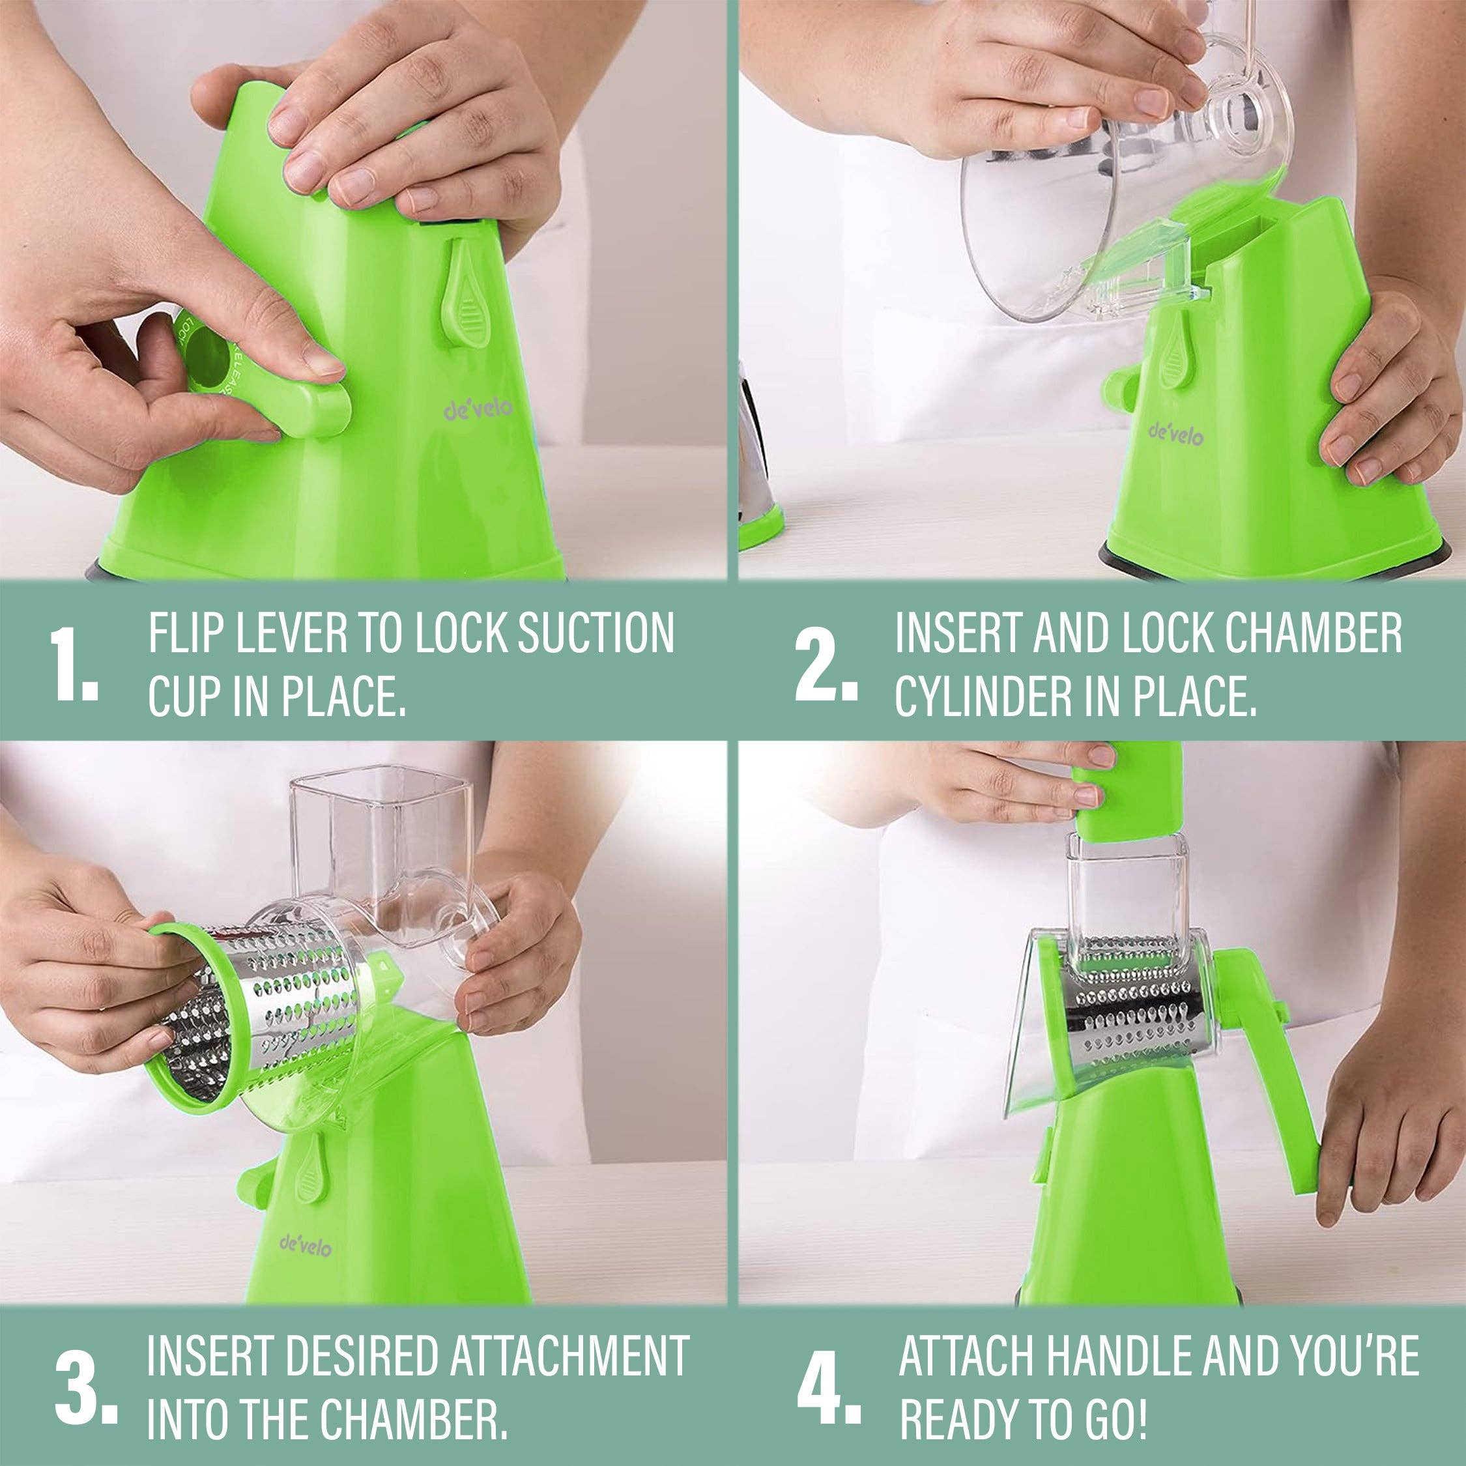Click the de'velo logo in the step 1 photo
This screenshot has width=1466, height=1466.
coord(478,410)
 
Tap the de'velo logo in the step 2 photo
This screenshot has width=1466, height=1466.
coord(1176,434)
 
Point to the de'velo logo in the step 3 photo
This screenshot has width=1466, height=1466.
coord(305,1244)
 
